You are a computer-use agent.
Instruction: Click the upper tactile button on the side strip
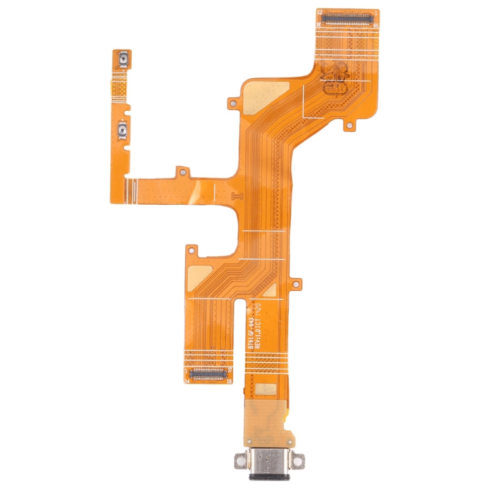tap(123, 61)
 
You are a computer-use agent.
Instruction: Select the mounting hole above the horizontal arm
tap(183, 172)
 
